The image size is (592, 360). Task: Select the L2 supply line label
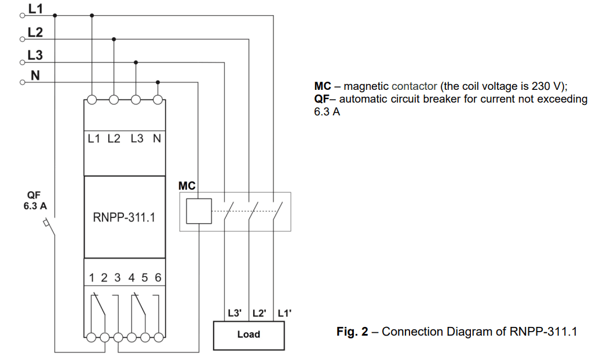pos(35,32)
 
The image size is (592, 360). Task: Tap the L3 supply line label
pos(35,54)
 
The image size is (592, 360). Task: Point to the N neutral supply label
pos(34,75)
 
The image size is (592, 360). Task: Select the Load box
pos(249,334)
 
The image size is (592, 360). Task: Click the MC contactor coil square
pos(199,211)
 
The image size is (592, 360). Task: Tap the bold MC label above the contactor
pos(187,186)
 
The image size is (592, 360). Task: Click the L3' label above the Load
pos(235,313)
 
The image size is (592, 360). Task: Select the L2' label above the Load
pos(259,313)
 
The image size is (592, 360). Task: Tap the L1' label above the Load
pos(284,313)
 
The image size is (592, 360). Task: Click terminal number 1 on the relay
pos(92,278)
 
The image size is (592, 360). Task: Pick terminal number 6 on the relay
pos(158,278)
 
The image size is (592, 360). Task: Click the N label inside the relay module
pos(157,139)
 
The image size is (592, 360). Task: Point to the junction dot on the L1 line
pos(92,16)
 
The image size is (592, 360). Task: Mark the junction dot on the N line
pos(158,82)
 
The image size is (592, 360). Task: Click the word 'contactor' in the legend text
pos(414,86)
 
